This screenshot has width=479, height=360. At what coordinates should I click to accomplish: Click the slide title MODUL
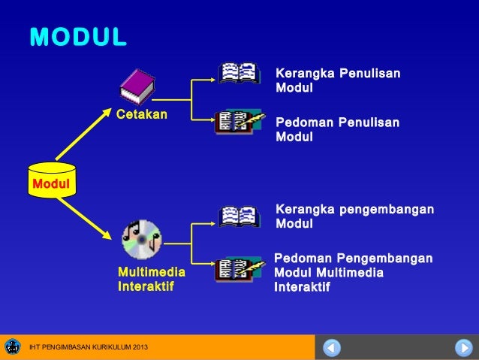coord(78,37)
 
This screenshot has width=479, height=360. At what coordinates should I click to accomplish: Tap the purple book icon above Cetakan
coord(137,87)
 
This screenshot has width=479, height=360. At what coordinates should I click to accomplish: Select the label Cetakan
coord(141,115)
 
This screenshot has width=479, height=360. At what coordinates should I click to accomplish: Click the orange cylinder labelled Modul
coord(51,180)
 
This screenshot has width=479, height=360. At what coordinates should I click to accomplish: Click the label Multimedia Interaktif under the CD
coord(150,280)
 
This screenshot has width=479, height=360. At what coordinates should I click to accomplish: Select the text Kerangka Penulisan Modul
coord(338,81)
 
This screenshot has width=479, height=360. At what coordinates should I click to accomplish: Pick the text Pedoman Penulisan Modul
coord(338,130)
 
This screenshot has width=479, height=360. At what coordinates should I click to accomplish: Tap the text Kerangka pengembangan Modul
coord(354,216)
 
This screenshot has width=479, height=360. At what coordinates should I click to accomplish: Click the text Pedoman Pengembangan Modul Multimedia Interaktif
coord(353,273)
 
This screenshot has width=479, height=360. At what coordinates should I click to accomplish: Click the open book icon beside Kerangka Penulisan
coord(239,73)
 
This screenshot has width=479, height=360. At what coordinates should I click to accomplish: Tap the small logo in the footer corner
coord(13,346)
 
